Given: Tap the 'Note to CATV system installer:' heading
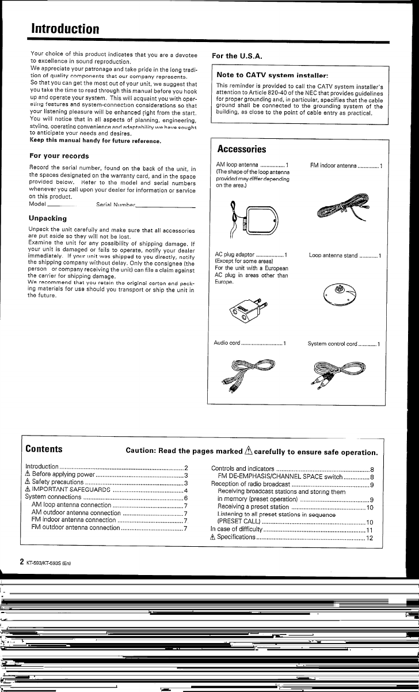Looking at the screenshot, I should point(272,75).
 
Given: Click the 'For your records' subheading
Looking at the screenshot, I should point(59,156).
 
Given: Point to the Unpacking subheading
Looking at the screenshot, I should point(48,218).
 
